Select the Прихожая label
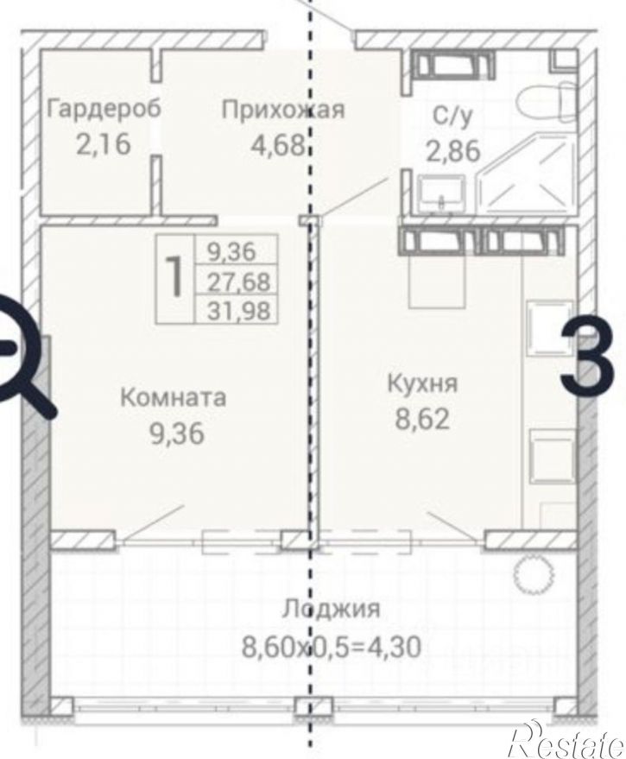(x=283, y=110)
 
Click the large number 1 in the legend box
(x=175, y=276)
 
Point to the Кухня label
(x=422, y=383)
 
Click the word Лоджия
(x=331, y=609)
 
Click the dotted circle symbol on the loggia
(x=528, y=572)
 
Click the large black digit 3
(x=592, y=356)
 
